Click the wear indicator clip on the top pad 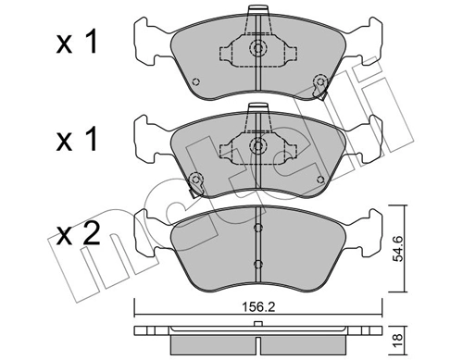[320, 91]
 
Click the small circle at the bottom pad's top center [258, 228]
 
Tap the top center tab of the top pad [258, 15]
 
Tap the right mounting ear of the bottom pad [365, 230]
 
